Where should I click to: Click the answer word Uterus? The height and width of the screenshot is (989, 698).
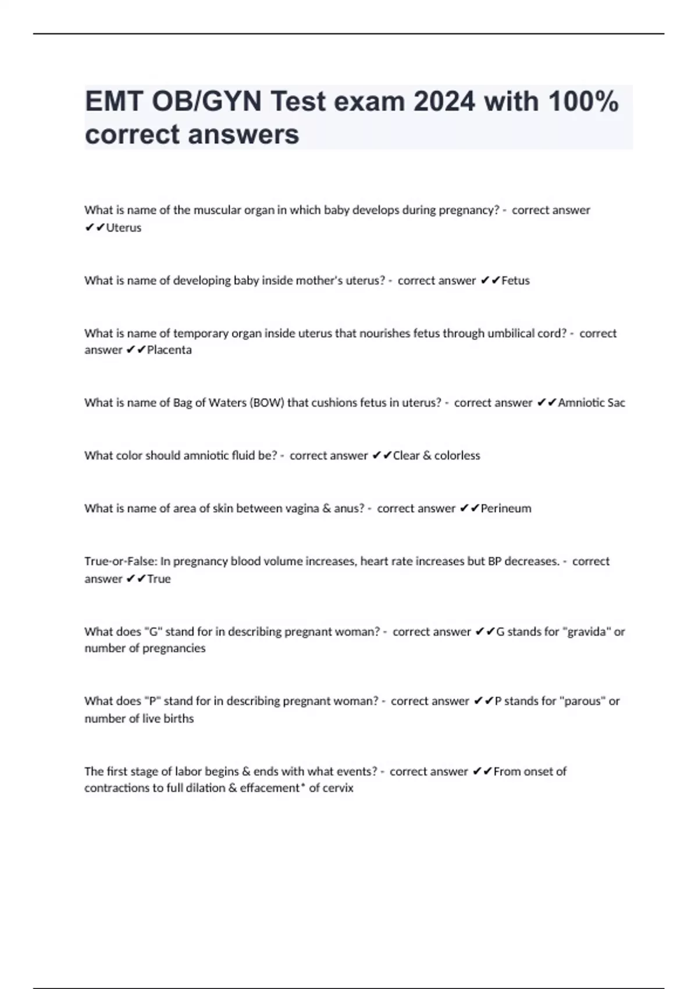pyautogui.click(x=124, y=227)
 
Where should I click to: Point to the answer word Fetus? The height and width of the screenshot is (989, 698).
pyautogui.click(x=515, y=280)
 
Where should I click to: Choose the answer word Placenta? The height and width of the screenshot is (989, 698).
pyautogui.click(x=169, y=350)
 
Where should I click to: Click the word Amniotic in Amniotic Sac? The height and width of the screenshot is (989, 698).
pyautogui.click(x=581, y=403)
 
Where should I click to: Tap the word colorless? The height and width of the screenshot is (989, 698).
pyautogui.click(x=457, y=456)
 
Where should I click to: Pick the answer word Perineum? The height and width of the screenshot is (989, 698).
pyautogui.click(x=505, y=508)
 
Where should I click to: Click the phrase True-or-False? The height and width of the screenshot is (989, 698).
pyautogui.click(x=120, y=561)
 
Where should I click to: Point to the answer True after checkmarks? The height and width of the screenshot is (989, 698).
pyautogui.click(x=159, y=579)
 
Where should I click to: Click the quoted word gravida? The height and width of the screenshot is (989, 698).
pyautogui.click(x=586, y=631)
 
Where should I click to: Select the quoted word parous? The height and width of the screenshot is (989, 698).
pyautogui.click(x=582, y=701)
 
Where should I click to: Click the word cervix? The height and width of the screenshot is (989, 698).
pyautogui.click(x=339, y=788)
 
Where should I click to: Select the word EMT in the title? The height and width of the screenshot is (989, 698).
pyautogui.click(x=115, y=102)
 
